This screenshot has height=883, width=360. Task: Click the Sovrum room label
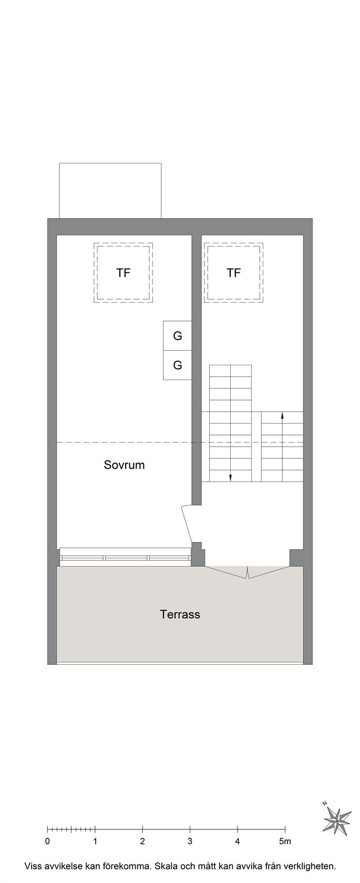124,465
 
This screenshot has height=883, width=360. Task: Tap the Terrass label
180,614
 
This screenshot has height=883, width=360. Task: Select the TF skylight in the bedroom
124,273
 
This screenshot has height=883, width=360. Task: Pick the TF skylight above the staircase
234,273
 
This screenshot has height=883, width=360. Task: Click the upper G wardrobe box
178,335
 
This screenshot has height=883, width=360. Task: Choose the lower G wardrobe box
178,365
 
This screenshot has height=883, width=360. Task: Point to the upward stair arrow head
282,415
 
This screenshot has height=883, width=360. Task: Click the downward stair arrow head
231,478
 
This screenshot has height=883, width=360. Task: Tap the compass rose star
337,821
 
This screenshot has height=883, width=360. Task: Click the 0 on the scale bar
47,841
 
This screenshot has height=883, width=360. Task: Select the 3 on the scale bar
190,841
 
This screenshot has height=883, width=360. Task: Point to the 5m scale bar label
285,841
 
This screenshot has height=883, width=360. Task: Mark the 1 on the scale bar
95,841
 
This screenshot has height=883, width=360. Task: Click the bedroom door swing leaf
187,525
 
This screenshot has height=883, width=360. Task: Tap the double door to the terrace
247,572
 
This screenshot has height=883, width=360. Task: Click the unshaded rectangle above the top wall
110,191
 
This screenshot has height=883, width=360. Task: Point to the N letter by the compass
325,803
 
